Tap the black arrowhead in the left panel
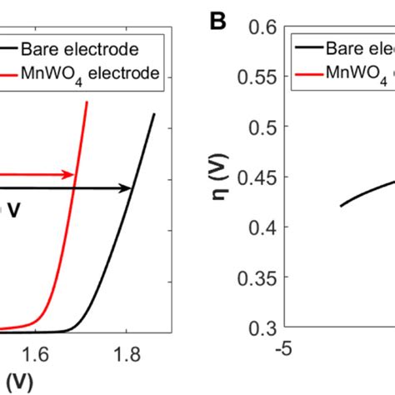click(127, 189)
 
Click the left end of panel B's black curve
click(341, 206)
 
